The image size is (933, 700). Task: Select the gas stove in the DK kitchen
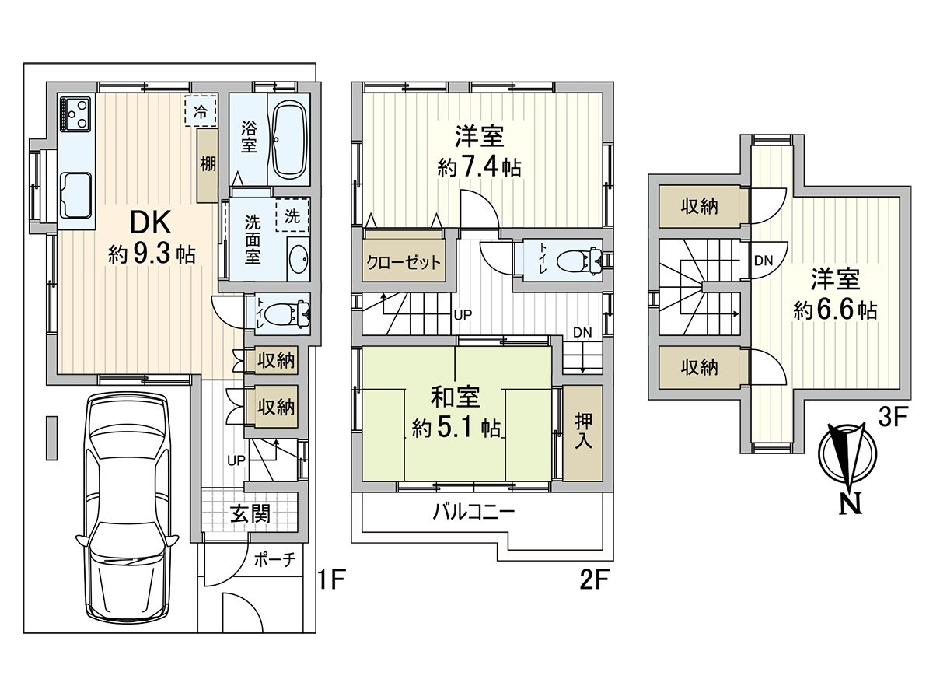pos(75,114)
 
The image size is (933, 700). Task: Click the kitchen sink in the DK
pos(76,194)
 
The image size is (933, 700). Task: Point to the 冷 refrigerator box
pos(201,111)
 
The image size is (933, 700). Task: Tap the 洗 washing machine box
pos(292,216)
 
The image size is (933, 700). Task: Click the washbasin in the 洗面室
pos(299,259)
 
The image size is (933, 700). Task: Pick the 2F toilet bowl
pos(580,259)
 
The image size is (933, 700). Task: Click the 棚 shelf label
pos(208,164)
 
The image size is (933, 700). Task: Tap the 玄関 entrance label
pos(250,514)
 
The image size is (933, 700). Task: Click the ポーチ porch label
pos(275,561)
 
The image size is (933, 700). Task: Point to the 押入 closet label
pos(583,431)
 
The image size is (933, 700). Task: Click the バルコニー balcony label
pos(473,512)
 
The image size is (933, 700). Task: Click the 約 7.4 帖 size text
pos(480,168)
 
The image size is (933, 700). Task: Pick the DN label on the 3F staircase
pos(763,261)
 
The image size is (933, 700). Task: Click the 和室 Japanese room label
pos(456,397)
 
